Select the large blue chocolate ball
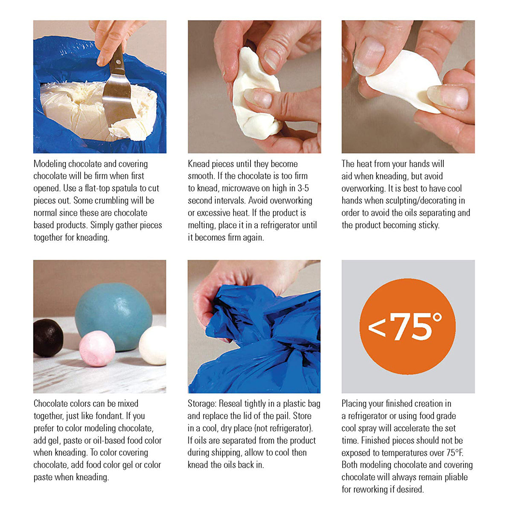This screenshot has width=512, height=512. [x=113, y=317]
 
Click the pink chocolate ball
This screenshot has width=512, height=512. [x=97, y=349]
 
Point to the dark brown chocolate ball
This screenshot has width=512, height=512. [x=48, y=338]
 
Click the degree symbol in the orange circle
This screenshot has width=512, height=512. [x=436, y=317]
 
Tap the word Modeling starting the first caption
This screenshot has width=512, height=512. [x=49, y=164]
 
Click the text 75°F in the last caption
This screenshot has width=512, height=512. [x=454, y=453]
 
